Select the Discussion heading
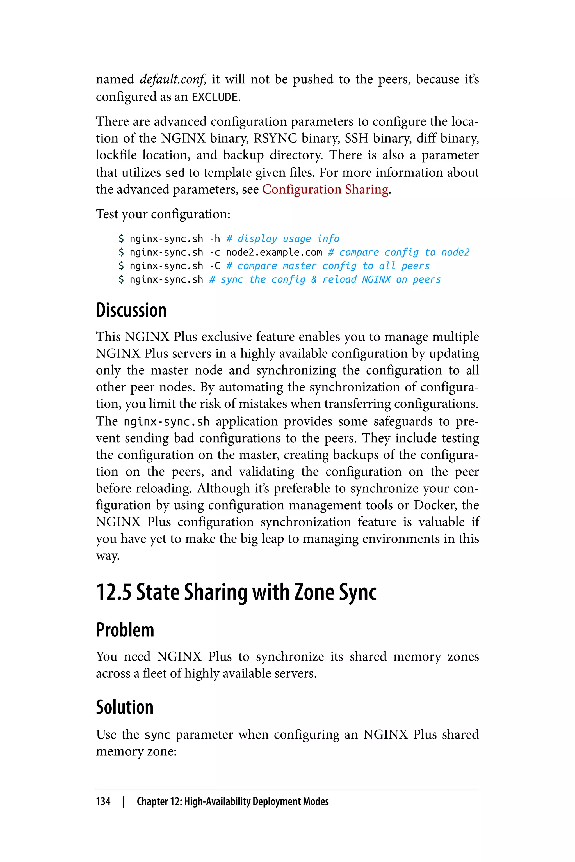131,310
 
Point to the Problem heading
125,630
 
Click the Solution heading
125,707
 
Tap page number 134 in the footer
103,801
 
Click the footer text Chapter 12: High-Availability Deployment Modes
232,801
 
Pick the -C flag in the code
215,266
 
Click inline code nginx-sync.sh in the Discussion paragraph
166,422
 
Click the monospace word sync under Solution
157,735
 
